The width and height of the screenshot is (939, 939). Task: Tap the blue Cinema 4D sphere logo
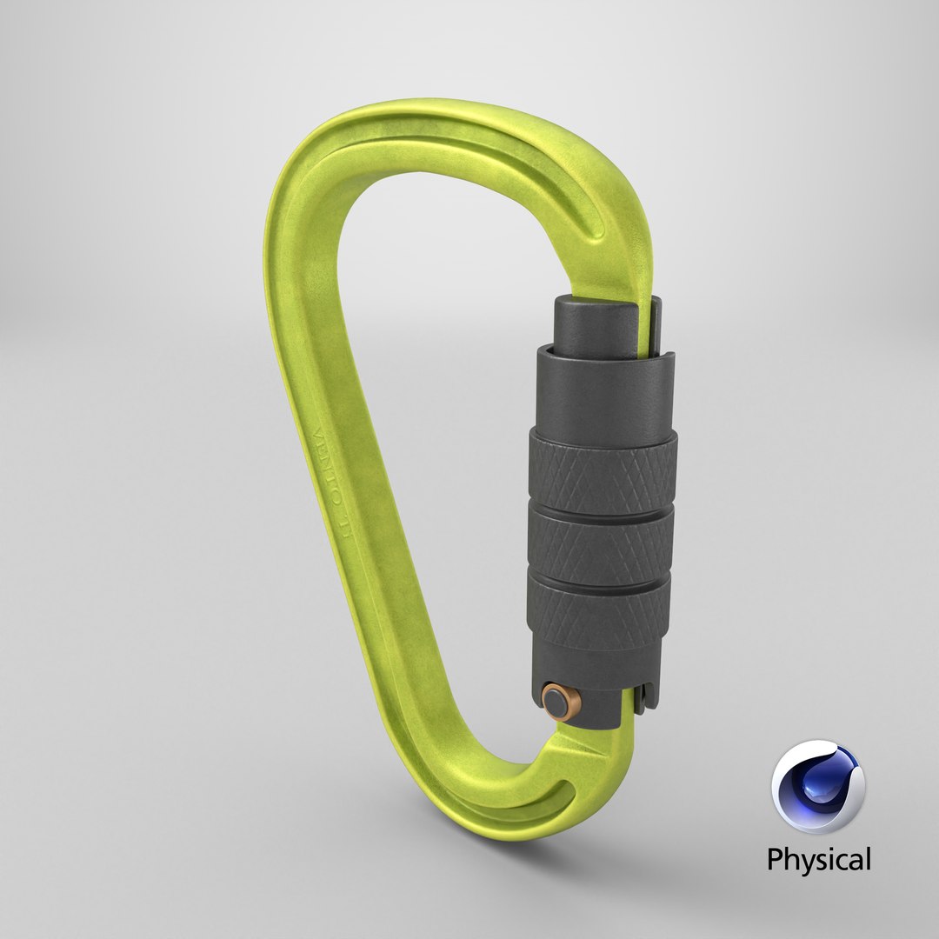(x=818, y=786)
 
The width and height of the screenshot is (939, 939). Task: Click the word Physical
(x=818, y=861)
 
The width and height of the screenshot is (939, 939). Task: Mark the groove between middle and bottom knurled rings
(x=600, y=576)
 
